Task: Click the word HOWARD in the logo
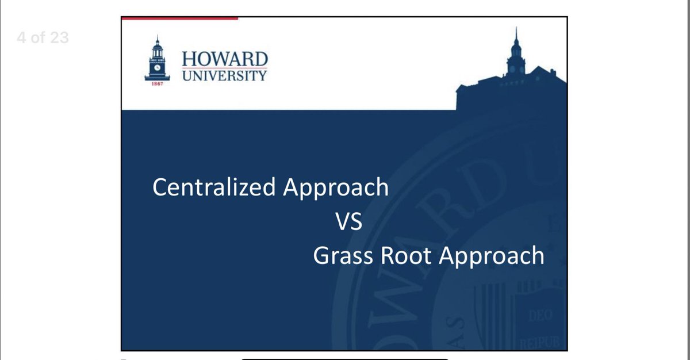point(225,59)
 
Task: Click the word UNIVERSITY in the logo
point(225,76)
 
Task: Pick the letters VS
point(349,221)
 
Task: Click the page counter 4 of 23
point(43,38)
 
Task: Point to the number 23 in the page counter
point(59,38)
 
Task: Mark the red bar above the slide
point(179,18)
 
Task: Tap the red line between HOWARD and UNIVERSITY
point(225,68)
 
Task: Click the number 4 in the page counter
point(21,38)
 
